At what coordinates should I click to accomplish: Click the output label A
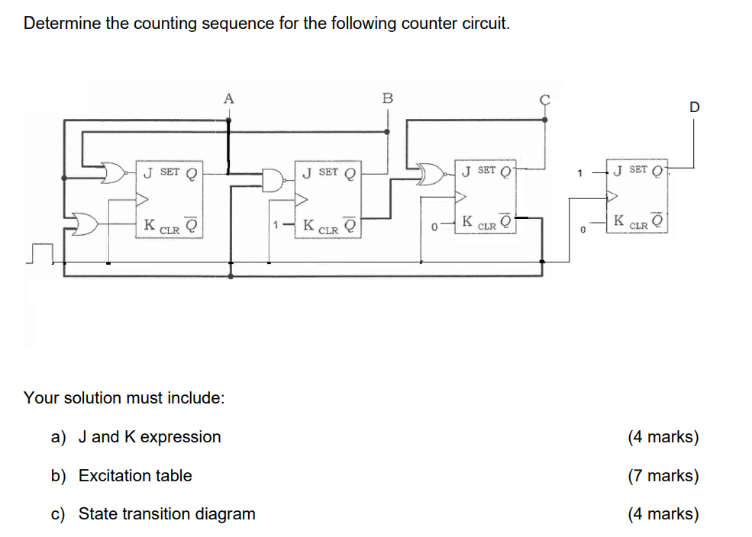click(228, 98)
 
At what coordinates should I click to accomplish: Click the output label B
click(387, 98)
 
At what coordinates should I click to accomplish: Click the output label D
click(694, 108)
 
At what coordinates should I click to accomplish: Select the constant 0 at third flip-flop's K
click(433, 227)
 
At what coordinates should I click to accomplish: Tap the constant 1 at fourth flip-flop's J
click(579, 173)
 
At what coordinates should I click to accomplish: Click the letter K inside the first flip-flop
click(150, 225)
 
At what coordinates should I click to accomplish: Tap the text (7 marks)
click(663, 475)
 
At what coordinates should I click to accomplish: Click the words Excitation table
click(135, 475)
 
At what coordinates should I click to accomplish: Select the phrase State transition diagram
click(166, 513)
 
